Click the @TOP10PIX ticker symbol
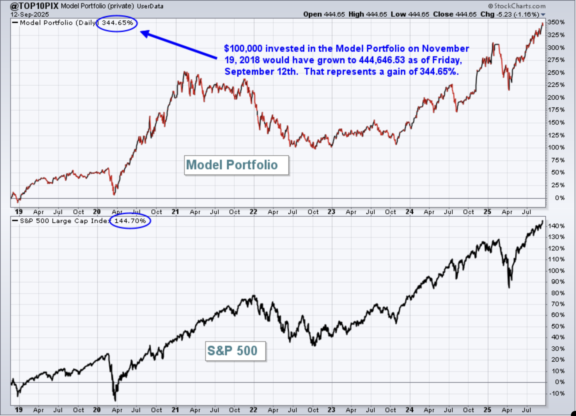pos(35,6)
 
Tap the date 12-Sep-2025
pos(30,14)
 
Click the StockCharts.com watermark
pos(517,6)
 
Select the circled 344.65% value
pos(117,23)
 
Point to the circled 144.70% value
pos(130,221)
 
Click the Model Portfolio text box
pos(237,165)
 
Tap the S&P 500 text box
pos(236,351)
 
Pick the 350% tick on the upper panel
pos(556,22)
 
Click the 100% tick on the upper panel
pos(556,148)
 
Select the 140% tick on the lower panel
pos(556,226)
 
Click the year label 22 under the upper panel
pos(253,212)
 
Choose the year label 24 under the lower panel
pos(409,410)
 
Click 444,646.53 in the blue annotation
pos(382,60)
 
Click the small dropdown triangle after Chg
pos(543,15)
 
